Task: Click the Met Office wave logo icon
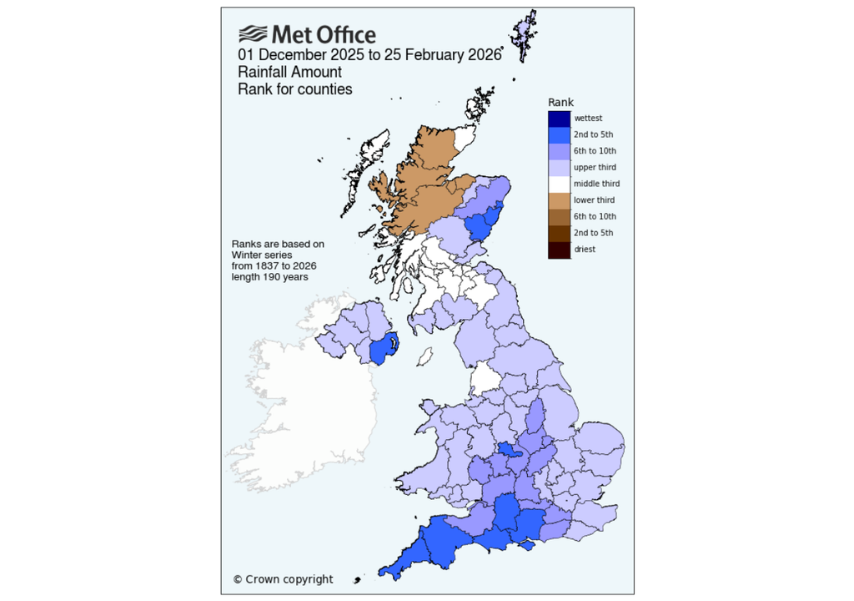click(x=253, y=34)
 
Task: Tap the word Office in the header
click(x=344, y=35)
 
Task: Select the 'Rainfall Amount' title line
click(x=289, y=72)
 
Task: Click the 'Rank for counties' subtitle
click(x=294, y=88)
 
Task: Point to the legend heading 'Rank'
click(x=560, y=102)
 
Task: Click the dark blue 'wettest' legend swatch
click(x=559, y=119)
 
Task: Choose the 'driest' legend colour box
click(x=559, y=249)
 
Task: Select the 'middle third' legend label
click(x=597, y=184)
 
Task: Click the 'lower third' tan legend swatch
click(x=559, y=200)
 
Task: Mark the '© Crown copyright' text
click(x=283, y=579)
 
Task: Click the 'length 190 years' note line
click(x=269, y=276)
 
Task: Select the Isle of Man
click(x=424, y=357)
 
